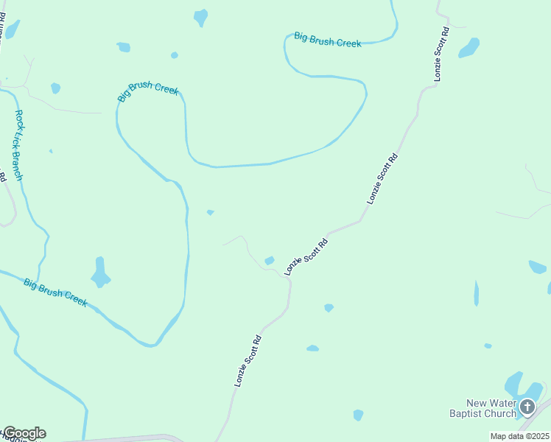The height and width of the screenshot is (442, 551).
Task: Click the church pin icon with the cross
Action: point(527,407)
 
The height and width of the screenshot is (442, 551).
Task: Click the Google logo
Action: point(24,433)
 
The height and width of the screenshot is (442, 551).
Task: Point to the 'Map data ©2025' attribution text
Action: point(520,436)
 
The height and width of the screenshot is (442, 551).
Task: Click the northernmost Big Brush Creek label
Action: point(328,39)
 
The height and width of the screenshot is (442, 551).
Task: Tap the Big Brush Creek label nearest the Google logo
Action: point(55,292)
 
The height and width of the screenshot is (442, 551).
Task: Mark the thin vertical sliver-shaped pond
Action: point(476,293)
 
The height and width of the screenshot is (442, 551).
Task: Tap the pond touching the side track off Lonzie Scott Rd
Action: point(270,260)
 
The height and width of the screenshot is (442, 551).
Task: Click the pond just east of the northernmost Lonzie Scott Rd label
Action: point(468,48)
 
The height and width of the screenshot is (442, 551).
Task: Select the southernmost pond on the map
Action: point(358,415)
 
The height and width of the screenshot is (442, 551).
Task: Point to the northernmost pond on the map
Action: point(200,17)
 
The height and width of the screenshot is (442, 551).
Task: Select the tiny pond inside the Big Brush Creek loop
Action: point(210,212)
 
